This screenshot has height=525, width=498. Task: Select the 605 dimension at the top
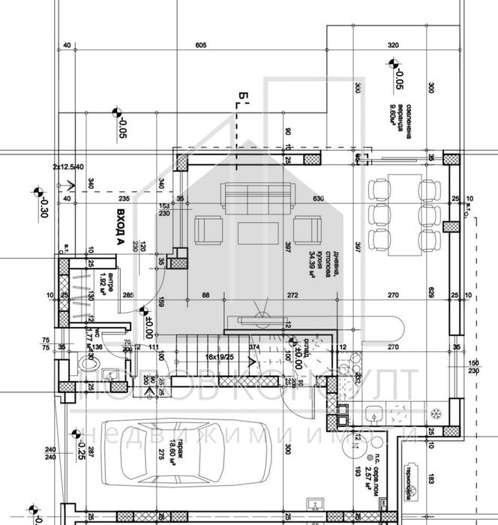pos(200,46)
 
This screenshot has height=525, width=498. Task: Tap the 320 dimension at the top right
pos(394,46)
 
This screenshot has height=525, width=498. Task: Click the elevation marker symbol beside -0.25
pos(75,434)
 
